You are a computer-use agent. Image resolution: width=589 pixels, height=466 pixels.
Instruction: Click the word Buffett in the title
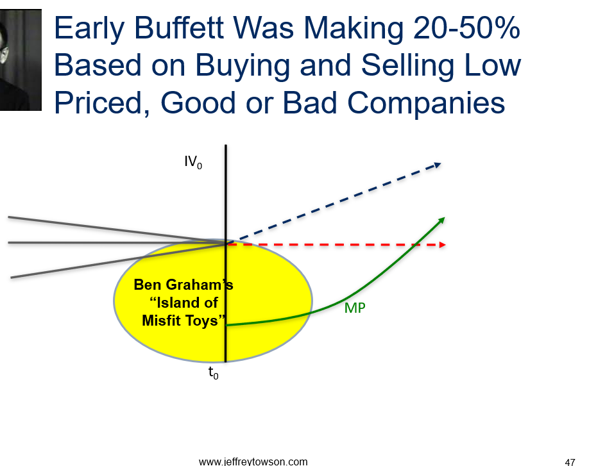(x=179, y=28)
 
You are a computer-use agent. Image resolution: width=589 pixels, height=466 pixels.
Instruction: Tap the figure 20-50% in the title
(x=466, y=28)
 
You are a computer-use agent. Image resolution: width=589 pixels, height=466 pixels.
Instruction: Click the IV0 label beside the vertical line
(x=193, y=162)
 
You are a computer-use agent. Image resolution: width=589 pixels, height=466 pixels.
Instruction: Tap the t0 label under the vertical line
(x=214, y=373)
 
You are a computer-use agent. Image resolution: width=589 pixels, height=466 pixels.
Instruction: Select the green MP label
(x=355, y=308)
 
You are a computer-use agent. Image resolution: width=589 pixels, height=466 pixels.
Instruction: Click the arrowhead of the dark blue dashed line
(x=438, y=165)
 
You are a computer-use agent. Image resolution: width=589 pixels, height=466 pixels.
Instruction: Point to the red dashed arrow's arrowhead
(x=442, y=245)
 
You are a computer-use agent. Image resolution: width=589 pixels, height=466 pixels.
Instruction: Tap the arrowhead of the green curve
(x=441, y=220)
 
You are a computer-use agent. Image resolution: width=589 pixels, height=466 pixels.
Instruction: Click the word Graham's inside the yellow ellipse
(x=199, y=285)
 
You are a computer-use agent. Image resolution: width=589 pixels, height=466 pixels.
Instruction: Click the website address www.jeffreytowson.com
(x=253, y=462)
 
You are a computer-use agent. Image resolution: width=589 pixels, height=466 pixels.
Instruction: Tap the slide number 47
(x=570, y=462)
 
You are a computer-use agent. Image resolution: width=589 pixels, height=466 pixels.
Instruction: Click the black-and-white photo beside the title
(x=21, y=60)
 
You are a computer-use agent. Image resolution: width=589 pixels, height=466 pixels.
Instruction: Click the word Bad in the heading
(x=310, y=103)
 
